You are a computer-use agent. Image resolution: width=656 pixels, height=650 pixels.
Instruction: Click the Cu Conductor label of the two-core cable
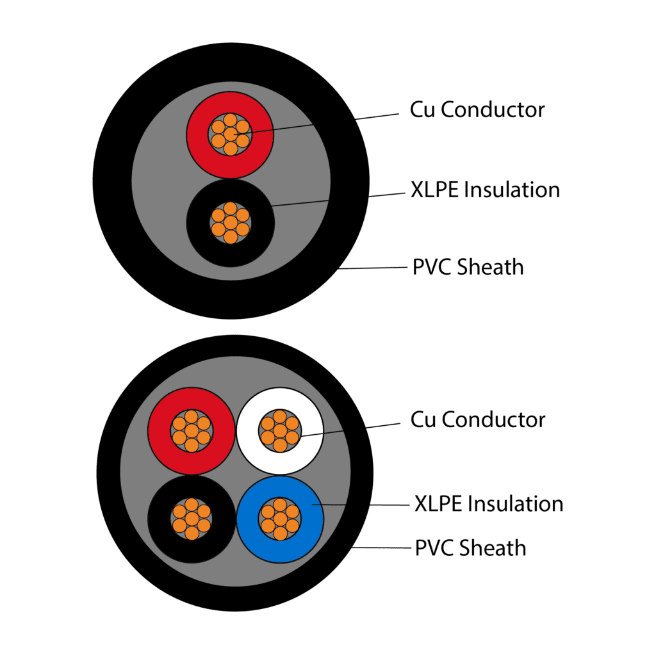477,110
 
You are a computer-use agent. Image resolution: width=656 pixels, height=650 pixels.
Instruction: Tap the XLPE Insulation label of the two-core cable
485,190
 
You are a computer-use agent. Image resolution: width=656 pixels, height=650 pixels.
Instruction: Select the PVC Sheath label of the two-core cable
468,266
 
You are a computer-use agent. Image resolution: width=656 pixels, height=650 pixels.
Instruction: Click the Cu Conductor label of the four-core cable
477,419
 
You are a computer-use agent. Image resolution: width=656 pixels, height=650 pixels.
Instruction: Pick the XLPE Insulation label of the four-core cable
489,503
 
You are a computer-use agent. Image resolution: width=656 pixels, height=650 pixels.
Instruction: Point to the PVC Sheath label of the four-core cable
470,548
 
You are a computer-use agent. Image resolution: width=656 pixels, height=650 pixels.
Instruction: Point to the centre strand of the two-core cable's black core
230,223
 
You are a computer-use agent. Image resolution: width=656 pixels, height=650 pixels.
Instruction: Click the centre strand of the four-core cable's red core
192,430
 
